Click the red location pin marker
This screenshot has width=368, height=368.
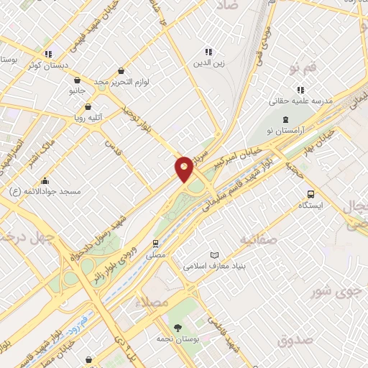[x=184, y=169]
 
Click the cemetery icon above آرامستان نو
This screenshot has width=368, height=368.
[x=286, y=120]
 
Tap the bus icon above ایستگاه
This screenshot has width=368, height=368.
[x=310, y=194]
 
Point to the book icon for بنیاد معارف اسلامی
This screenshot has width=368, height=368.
[x=213, y=255]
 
